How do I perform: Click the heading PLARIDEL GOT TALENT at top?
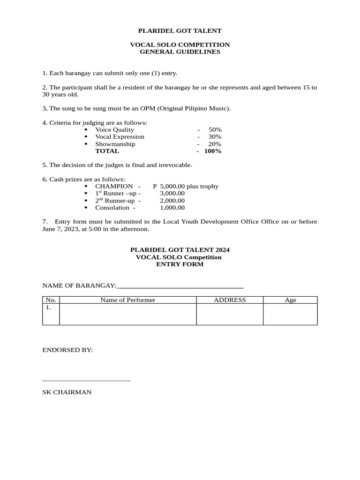[x=180, y=31]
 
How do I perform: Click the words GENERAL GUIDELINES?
[x=180, y=52]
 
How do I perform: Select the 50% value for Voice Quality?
[x=215, y=130]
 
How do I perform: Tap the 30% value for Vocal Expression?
[x=215, y=137]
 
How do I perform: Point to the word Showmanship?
[x=115, y=144]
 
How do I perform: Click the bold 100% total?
[x=213, y=151]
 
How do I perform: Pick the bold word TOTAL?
[x=107, y=151]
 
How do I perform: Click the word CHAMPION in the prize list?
[x=114, y=186]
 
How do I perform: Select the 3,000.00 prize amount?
[x=172, y=193]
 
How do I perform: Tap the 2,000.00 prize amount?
[x=172, y=200]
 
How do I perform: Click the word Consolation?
[x=112, y=207]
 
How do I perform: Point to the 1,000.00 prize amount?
[x=172, y=207]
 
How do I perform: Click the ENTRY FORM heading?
[x=180, y=264]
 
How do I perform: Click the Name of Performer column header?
[x=127, y=300]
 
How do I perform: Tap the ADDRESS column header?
[x=230, y=300]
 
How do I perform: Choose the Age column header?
[x=290, y=300]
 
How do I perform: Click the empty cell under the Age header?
[x=290, y=314]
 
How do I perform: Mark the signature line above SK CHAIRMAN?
[x=86, y=381]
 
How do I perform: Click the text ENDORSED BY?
[x=67, y=350]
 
